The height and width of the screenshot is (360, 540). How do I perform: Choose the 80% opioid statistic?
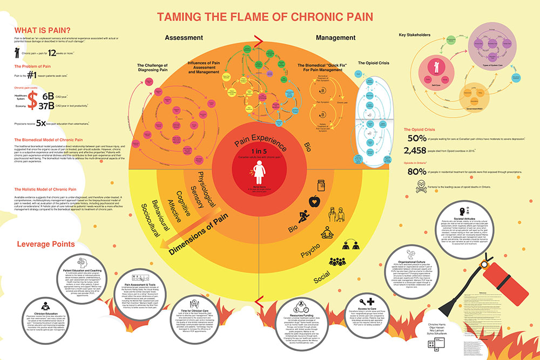coord(417,172)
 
